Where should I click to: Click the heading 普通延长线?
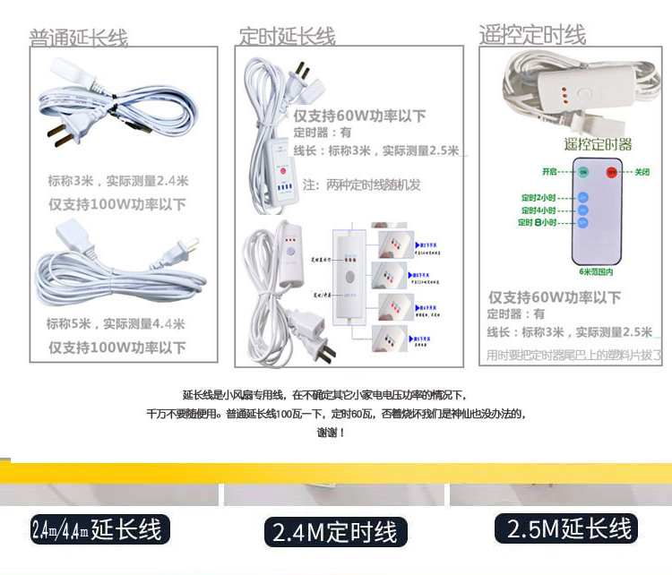(x=79, y=38)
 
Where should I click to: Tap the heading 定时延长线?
(x=287, y=37)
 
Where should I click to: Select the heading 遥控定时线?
(x=532, y=35)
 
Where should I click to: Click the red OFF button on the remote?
(x=612, y=171)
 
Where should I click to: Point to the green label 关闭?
(x=642, y=171)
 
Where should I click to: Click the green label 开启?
(x=550, y=171)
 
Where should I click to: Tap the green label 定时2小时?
(x=538, y=197)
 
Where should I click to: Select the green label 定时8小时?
(x=538, y=222)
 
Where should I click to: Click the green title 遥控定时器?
(x=597, y=144)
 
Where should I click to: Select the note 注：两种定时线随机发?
(x=362, y=185)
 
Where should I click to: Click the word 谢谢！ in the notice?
(x=331, y=433)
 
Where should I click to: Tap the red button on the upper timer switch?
(x=282, y=169)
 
